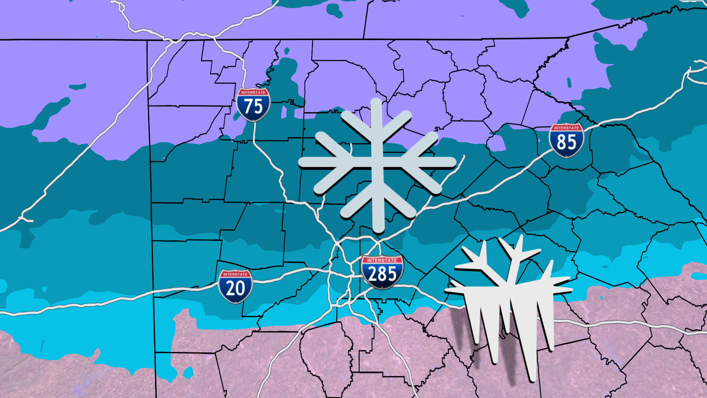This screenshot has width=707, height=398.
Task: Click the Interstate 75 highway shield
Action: [253, 105]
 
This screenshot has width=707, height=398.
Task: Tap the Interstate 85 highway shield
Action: [566, 140]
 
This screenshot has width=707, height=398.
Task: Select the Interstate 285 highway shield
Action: [382, 272]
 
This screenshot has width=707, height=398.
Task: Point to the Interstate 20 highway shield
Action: [235, 286]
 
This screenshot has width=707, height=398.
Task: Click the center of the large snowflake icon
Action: [377, 163]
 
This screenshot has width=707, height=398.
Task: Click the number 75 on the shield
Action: [253, 107]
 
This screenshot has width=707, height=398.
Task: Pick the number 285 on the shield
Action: [382, 275]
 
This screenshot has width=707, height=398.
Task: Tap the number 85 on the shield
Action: [566, 142]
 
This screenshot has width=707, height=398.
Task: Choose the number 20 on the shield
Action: [235, 288]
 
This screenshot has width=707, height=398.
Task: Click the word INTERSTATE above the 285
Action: [382, 260]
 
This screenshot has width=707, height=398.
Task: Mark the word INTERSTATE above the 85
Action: [566, 128]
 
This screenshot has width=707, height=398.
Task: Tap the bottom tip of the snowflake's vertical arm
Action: [378, 231]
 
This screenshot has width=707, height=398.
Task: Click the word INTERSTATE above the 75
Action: [253, 92]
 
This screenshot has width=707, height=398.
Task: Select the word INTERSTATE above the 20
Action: [235, 274]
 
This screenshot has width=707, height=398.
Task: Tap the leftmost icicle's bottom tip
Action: [476, 343]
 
